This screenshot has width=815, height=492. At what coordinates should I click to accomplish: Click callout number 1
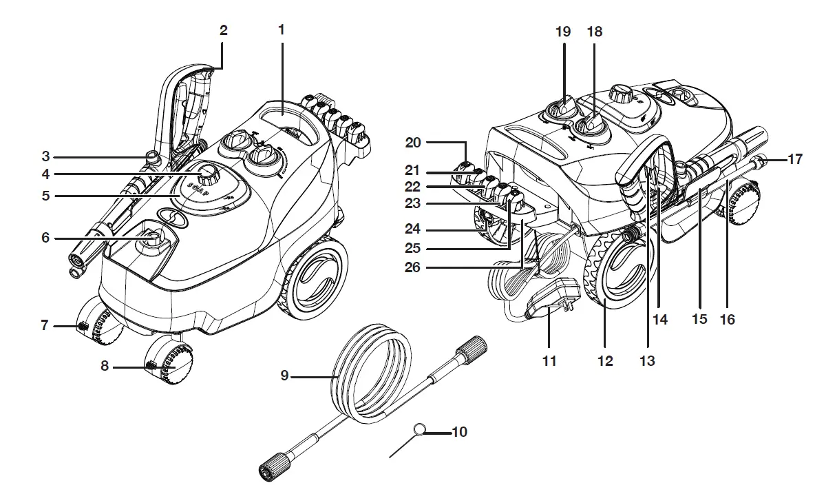281,30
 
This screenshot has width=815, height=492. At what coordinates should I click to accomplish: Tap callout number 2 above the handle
222,30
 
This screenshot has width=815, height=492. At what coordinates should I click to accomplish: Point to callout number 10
460,432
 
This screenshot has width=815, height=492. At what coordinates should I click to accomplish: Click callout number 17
795,159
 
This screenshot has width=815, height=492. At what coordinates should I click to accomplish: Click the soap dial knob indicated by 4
209,173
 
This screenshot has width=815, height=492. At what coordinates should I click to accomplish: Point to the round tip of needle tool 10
418,430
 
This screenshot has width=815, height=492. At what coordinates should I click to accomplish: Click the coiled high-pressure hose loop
372,376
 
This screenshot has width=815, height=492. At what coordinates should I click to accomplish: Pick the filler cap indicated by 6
153,239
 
